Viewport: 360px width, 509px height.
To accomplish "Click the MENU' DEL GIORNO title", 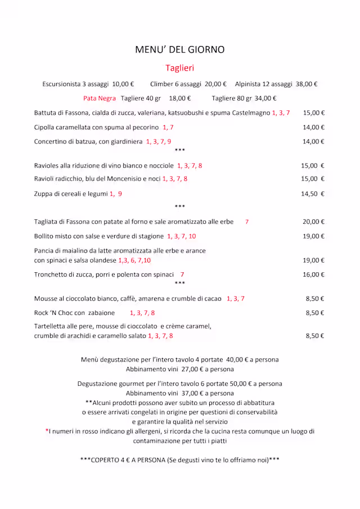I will coord(179,49).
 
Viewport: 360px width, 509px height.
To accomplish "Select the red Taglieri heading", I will coord(179,68).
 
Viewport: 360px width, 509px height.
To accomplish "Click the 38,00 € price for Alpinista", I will coord(307,84).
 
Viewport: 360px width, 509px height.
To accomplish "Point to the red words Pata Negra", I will coord(100,98).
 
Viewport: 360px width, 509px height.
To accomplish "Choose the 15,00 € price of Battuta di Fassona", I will coord(314,113).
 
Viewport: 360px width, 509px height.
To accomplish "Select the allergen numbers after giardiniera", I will coord(158,142).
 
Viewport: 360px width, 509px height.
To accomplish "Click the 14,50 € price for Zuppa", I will coord(313,194).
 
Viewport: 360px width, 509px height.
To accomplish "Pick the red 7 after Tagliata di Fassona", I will coord(246,222).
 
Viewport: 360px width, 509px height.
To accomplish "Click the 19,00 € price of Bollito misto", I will coord(314,237).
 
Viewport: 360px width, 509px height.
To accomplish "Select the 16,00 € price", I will coord(314,275).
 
